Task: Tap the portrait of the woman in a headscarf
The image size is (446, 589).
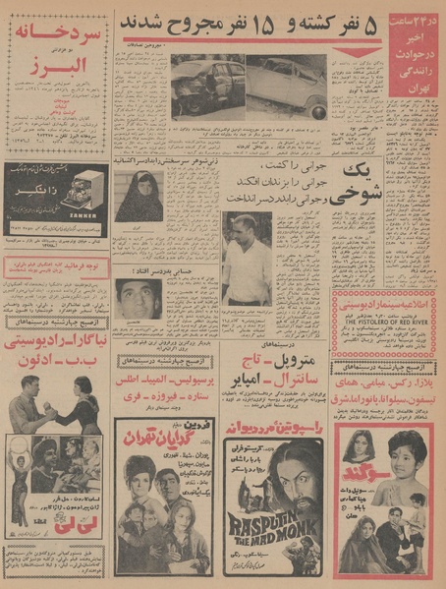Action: [x=139, y=197]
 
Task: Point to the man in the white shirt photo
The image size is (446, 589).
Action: [x=247, y=260]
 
